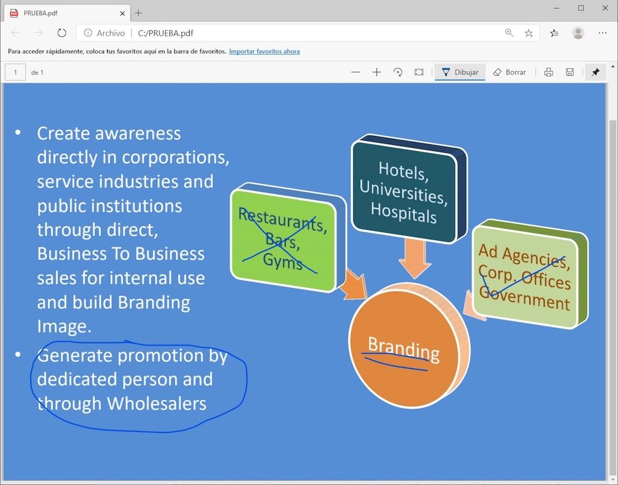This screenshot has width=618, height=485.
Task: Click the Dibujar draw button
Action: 460,72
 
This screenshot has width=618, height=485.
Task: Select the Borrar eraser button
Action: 510,72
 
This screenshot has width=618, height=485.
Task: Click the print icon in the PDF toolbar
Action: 548,72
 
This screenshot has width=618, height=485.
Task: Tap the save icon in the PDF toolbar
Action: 570,72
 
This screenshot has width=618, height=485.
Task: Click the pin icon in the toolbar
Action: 596,72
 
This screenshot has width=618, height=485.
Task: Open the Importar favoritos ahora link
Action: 265,52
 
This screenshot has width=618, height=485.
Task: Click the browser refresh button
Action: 62,33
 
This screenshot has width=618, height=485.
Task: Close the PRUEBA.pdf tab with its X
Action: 122,13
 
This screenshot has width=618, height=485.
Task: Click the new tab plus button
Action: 139,13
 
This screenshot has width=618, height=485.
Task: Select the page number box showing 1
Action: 15,72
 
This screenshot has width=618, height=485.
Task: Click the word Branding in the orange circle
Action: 404,349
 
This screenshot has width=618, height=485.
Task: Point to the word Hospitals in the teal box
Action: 404,213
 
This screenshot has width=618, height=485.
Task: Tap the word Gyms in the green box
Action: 283,261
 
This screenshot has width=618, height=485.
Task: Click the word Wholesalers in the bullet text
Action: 157,403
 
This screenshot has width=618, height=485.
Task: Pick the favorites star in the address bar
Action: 528,33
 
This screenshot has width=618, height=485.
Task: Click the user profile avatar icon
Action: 578,33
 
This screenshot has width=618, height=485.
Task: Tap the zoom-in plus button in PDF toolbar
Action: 376,72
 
